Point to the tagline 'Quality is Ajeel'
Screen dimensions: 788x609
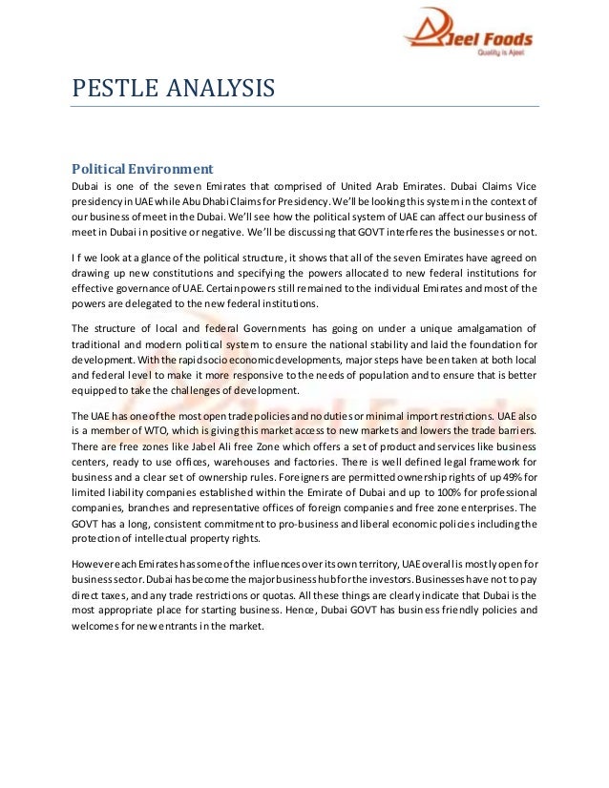504,54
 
